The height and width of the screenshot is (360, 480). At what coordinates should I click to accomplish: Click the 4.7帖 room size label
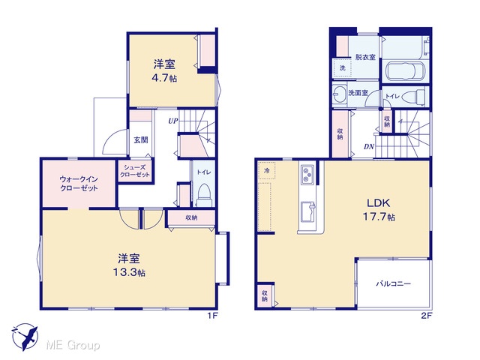tap(164, 78)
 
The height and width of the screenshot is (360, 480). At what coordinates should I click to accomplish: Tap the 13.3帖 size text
tap(129, 272)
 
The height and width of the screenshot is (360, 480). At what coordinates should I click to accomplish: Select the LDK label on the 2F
tap(378, 202)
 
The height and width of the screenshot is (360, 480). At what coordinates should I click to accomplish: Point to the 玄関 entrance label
tap(141, 140)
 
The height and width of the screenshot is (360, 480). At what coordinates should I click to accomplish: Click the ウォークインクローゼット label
tap(79, 184)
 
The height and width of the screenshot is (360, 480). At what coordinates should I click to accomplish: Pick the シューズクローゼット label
tap(135, 171)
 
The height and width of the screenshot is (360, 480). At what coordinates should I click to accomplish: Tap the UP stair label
tap(172, 121)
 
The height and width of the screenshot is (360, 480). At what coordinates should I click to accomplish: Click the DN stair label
tap(369, 147)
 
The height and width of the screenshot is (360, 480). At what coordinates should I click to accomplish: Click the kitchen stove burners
tap(307, 175)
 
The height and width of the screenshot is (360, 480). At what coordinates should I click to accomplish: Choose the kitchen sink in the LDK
tap(307, 212)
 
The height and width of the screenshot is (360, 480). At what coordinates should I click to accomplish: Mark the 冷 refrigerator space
tap(267, 171)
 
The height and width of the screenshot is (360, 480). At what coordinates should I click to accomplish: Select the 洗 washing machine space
tap(342, 68)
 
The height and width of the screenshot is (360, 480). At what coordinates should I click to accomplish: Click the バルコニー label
tap(393, 283)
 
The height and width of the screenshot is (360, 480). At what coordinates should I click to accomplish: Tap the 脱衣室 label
tap(365, 57)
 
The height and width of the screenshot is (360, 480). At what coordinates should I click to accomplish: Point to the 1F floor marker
tap(212, 316)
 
